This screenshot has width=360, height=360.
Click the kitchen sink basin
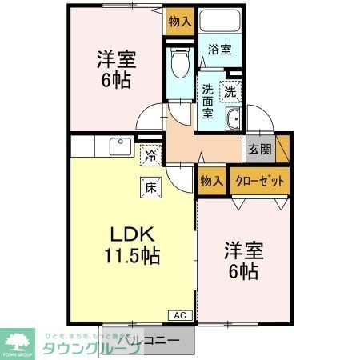click(x=121, y=148)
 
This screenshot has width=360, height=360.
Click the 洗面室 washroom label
click(x=208, y=101)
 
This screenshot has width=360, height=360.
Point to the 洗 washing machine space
click(x=230, y=91)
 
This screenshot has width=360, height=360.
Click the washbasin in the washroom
click(x=233, y=121)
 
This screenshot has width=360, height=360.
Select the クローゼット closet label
click(x=260, y=180)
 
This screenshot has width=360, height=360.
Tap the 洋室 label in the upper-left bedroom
click(x=117, y=60)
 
